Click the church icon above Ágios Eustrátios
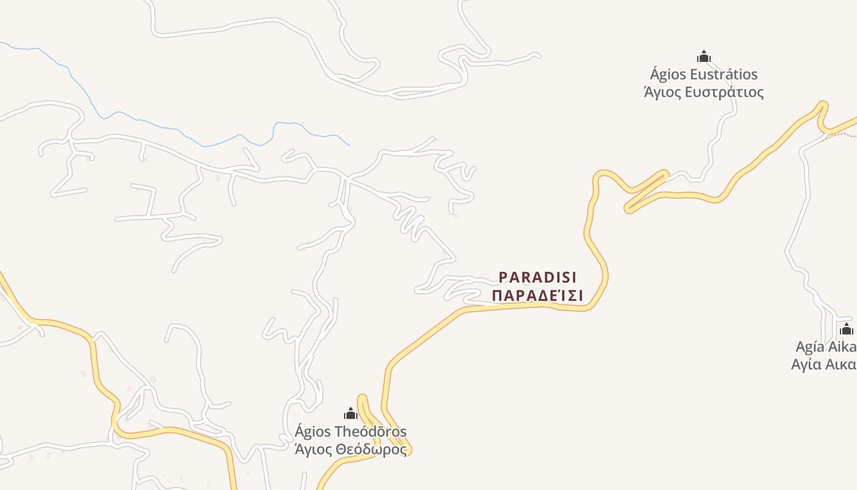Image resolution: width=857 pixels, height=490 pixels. (704, 57)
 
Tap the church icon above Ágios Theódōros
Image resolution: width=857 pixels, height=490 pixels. (351, 413)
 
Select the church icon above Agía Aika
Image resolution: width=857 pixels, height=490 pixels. (847, 329)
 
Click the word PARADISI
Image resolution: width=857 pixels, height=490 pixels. (538, 277)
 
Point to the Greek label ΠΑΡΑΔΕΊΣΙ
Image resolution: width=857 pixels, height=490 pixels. (538, 296)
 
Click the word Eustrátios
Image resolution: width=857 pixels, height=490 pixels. (724, 75)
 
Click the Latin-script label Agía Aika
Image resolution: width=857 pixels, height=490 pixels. (826, 347)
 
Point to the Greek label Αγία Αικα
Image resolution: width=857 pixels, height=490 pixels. (824, 364)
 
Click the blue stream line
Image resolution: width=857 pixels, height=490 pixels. (184, 132)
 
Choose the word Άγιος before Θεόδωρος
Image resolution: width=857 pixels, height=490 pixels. (314, 450)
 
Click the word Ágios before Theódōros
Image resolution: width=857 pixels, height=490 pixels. (313, 432)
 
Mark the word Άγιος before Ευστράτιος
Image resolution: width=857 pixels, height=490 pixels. (662, 92)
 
